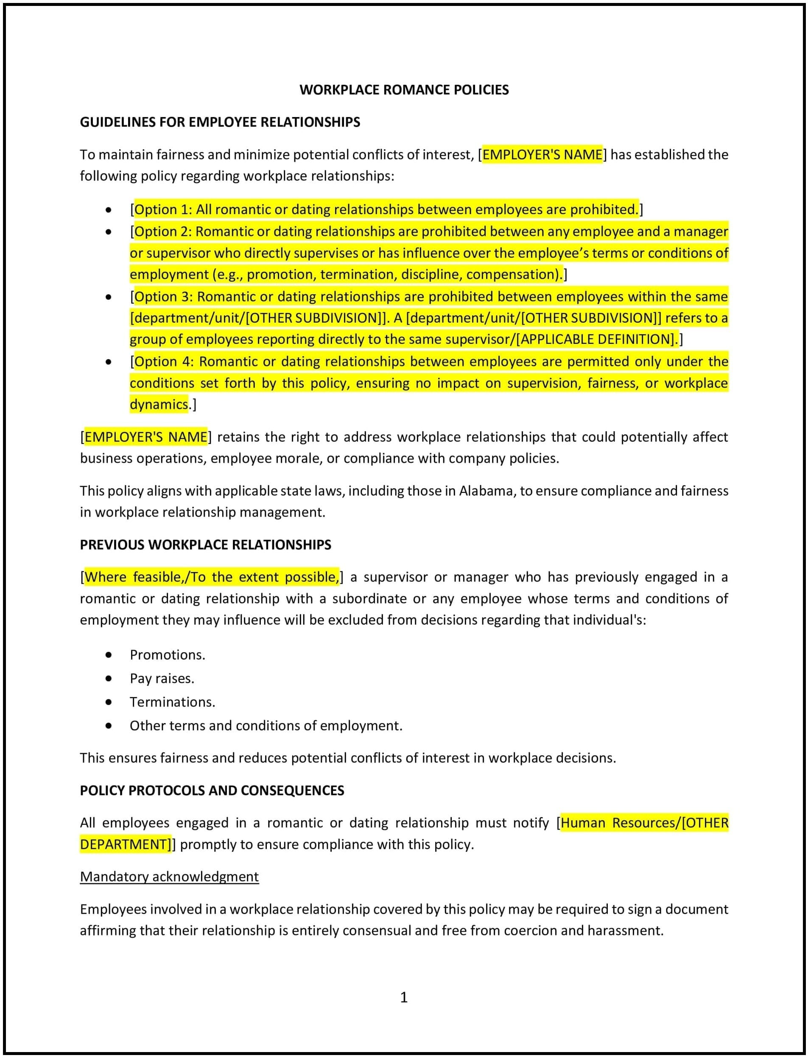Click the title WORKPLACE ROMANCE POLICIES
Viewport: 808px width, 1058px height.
click(404, 90)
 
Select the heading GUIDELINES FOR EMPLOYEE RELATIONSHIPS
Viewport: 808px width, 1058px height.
click(220, 122)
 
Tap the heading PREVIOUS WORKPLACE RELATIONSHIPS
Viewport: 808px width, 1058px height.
click(205, 544)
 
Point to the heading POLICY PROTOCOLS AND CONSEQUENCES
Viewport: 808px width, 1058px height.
click(212, 790)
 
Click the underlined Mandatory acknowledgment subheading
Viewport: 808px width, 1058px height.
click(169, 876)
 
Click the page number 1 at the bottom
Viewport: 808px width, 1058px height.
click(404, 997)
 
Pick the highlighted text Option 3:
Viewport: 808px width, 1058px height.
click(164, 296)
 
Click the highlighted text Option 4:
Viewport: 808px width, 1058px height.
click(164, 361)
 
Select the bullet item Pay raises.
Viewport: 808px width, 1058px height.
click(162, 678)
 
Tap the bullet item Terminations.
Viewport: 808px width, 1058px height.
click(172, 702)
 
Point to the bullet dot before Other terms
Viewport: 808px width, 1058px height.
click(109, 725)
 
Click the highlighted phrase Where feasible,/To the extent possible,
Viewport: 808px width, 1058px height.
click(212, 577)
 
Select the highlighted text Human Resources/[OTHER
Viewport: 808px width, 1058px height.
click(644, 822)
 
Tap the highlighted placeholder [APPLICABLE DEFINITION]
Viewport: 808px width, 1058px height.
click(596, 339)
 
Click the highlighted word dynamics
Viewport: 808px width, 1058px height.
click(159, 404)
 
